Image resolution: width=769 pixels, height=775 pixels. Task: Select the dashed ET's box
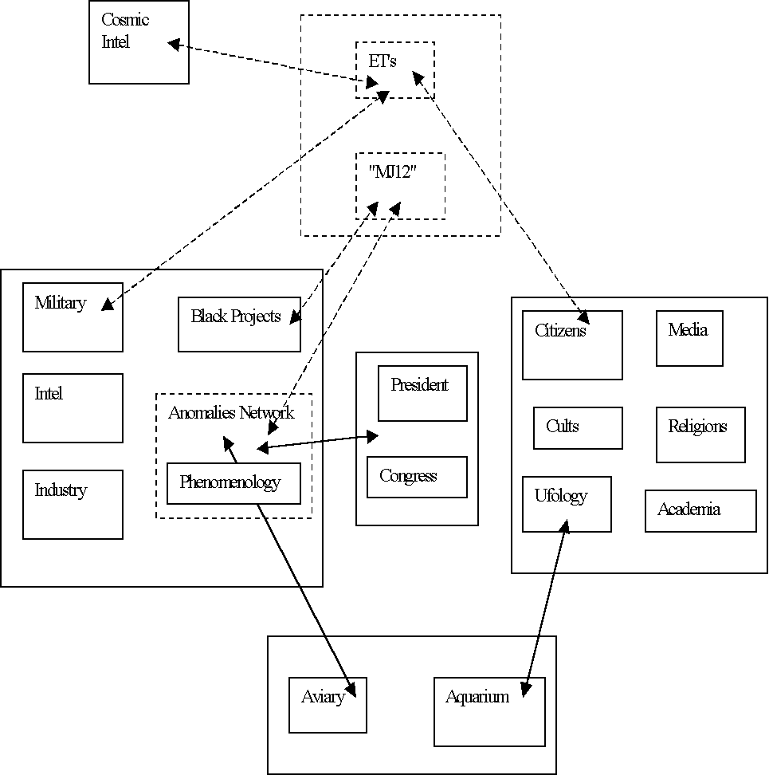tap(394, 70)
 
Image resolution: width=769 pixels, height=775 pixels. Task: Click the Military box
tap(73, 317)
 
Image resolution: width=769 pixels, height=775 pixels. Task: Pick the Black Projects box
tap(239, 324)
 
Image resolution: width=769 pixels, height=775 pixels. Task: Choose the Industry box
tap(73, 504)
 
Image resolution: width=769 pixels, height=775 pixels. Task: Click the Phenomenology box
tap(233, 483)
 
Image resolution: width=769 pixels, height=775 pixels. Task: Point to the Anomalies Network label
tap(231, 413)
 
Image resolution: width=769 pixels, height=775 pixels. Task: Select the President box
tap(422, 393)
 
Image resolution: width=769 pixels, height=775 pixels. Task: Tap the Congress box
tap(417, 477)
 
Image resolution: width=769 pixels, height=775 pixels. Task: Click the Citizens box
tap(572, 344)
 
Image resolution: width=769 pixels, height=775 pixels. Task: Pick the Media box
tap(689, 338)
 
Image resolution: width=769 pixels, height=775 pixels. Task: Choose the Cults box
tap(578, 428)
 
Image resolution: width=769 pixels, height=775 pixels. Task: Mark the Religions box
tap(700, 435)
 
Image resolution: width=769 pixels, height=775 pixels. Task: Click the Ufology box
tap(567, 504)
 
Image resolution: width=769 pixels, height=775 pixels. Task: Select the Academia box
tap(700, 510)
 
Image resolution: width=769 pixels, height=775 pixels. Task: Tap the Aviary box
tap(328, 705)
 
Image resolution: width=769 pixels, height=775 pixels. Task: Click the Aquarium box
tap(489, 711)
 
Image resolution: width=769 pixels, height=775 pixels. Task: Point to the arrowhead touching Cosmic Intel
tap(174, 45)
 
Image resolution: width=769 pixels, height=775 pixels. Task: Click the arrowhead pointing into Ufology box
tap(566, 526)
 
